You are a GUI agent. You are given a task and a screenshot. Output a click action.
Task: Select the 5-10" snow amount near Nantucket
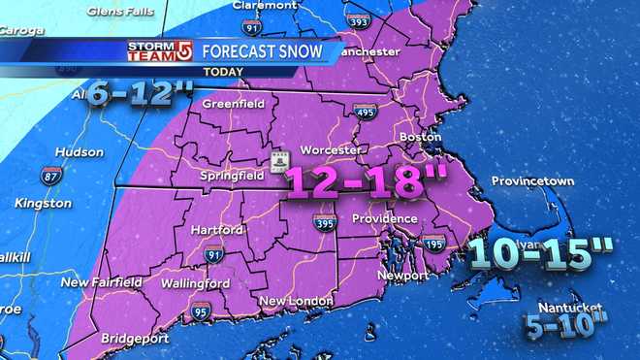point(565,323)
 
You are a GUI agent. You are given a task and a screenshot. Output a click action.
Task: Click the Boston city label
point(420,138)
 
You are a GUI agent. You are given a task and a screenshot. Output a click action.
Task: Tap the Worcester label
point(333,150)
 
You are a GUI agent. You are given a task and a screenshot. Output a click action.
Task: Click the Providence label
point(384,218)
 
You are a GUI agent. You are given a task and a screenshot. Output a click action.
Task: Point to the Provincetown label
point(532,181)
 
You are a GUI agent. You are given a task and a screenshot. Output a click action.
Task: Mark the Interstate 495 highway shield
point(365,111)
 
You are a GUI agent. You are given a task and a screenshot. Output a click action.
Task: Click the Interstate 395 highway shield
point(325,224)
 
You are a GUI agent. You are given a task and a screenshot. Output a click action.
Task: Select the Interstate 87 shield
point(52,176)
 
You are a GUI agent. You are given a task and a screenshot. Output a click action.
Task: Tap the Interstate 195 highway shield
point(434,243)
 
